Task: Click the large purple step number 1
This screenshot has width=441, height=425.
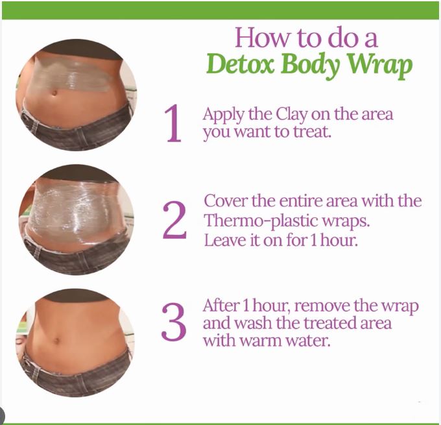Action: click(x=173, y=123)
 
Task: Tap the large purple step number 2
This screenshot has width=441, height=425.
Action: click(x=174, y=220)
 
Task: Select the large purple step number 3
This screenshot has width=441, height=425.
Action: click(x=174, y=321)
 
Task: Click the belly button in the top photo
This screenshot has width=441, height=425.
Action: click(x=54, y=93)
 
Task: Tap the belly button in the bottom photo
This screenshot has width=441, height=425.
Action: click(x=56, y=340)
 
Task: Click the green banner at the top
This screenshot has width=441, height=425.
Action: click(x=220, y=10)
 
